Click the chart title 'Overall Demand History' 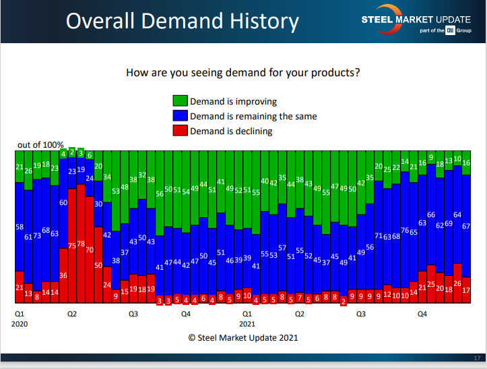182,22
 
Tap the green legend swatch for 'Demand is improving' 181,102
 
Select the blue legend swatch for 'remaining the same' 181,116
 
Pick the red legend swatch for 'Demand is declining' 181,131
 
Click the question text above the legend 243,72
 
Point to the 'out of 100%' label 40,145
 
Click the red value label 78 81,244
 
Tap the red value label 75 72,247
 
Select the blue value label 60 63,202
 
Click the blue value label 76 405,231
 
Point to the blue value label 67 466,227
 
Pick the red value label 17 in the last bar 466,290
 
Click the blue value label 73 37,235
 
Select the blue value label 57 282,248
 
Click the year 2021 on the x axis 247,323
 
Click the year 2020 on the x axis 20,323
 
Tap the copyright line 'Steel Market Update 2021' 243,337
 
